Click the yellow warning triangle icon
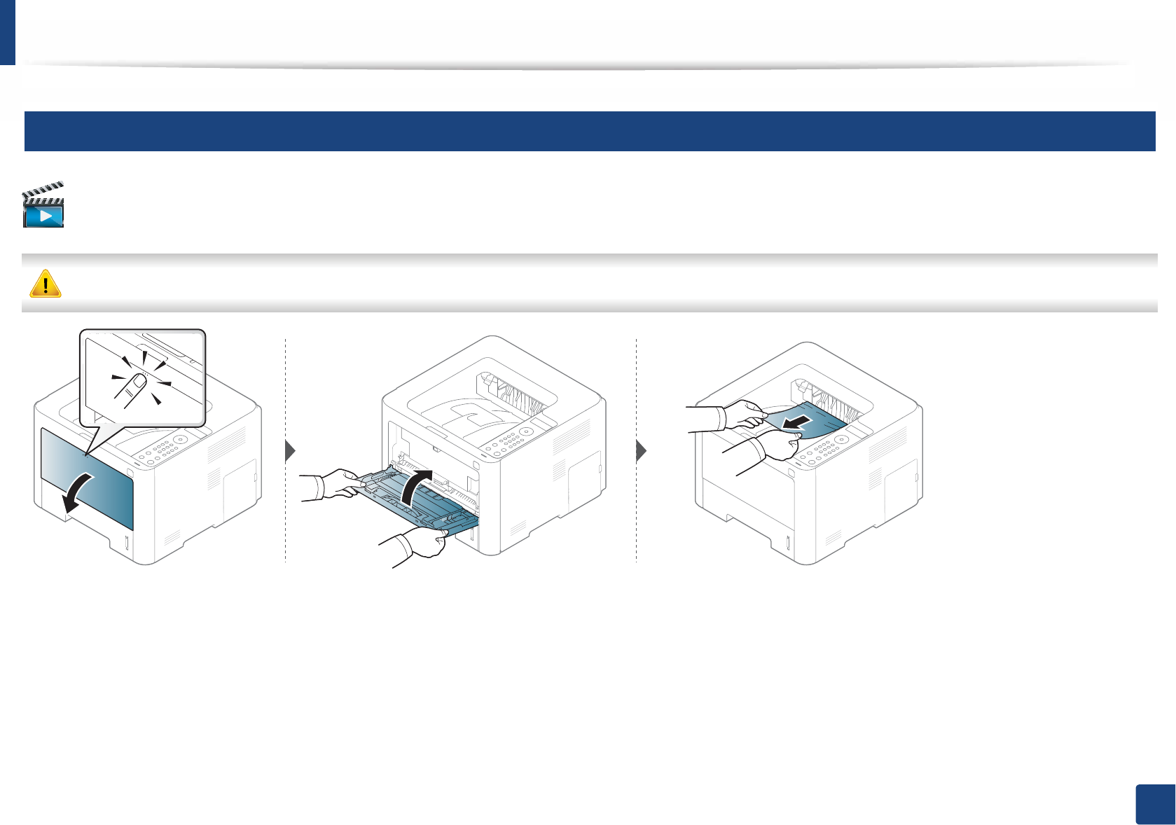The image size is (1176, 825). coord(46,284)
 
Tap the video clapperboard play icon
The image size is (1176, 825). coord(43,206)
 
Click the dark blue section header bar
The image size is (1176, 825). coord(589,131)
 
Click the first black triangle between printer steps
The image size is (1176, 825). coord(291,451)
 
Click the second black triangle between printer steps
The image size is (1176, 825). coord(641,451)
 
